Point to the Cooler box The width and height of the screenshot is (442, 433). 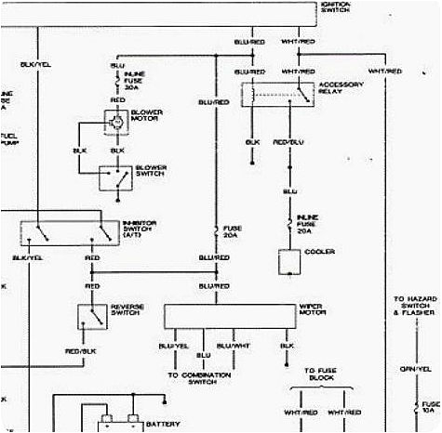291,263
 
